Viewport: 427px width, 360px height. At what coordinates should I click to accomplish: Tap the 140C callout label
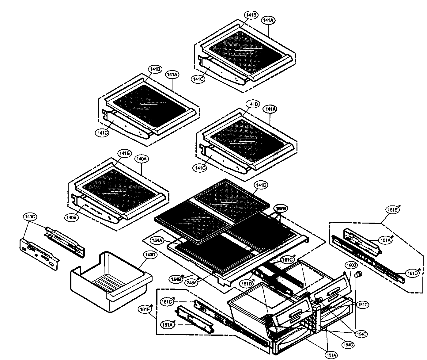[x=30, y=217]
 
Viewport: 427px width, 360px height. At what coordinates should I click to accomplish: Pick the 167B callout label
[x=280, y=209]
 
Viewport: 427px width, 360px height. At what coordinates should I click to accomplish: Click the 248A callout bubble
[x=191, y=282]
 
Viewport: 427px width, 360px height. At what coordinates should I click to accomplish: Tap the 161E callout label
[x=392, y=210]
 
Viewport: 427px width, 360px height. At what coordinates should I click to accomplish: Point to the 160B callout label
[x=351, y=265]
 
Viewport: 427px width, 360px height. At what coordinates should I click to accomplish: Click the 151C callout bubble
[x=362, y=304]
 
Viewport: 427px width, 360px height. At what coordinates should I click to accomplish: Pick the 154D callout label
[x=348, y=345]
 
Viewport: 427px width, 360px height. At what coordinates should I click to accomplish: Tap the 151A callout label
[x=331, y=355]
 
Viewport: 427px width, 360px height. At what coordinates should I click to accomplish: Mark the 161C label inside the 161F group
[x=166, y=302]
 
